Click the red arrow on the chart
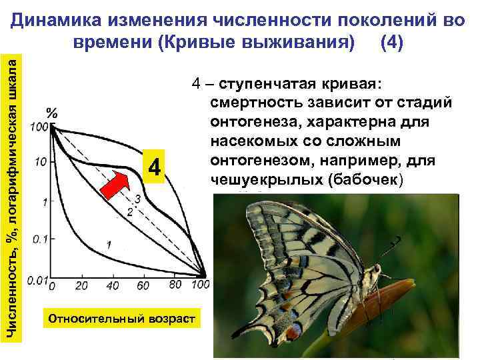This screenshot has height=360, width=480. (115, 182)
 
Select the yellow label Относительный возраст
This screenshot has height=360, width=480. (120, 318)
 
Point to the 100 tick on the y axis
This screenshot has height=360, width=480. (38, 127)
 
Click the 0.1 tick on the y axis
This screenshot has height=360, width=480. (38, 238)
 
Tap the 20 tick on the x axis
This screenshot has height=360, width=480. (81, 286)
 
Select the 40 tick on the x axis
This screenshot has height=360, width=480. (112, 286)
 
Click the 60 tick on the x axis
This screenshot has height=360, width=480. (143, 286)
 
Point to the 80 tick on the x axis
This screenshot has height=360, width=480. (174, 285)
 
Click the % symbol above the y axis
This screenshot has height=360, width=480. (52, 112)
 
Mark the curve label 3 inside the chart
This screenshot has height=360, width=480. (137, 199)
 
